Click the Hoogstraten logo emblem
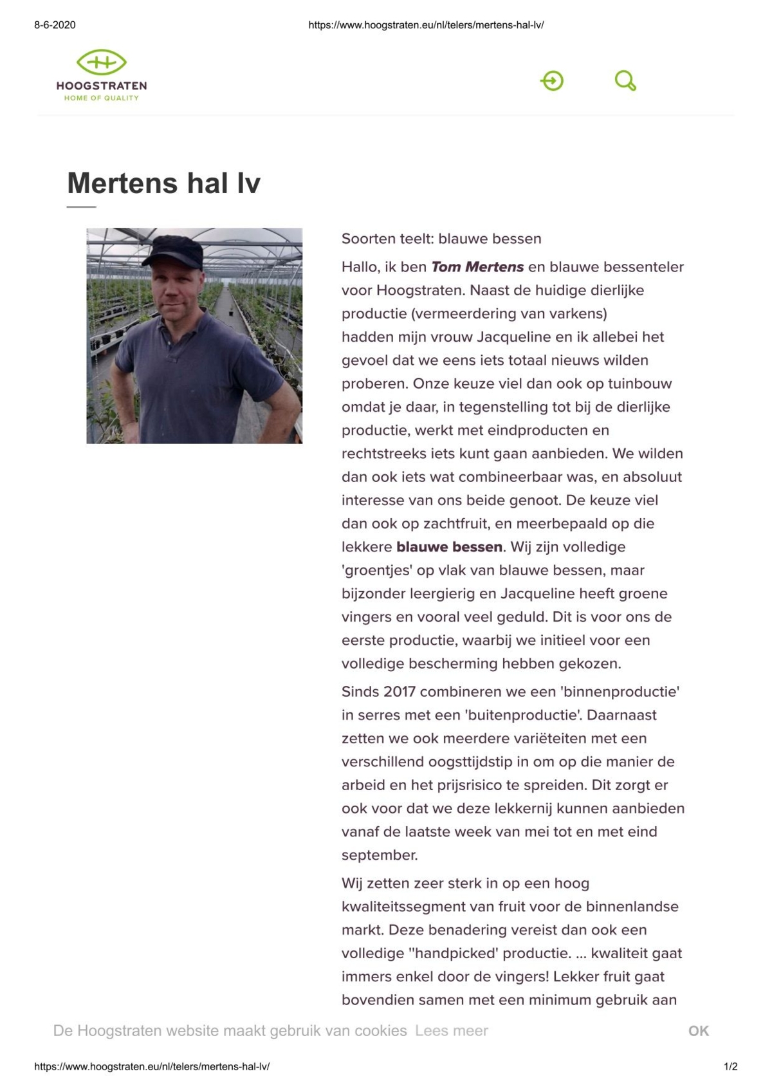point(101,62)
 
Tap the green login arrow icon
point(552,81)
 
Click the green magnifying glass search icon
point(625,81)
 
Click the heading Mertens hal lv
point(163,183)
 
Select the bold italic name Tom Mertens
point(477,267)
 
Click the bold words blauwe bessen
point(449,547)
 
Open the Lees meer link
point(451,1031)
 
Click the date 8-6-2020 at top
point(55,25)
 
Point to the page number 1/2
point(730,1066)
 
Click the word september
point(380,855)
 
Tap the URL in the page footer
point(152,1066)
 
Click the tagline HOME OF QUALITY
point(101,98)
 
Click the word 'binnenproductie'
point(620,692)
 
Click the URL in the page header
point(426,25)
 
